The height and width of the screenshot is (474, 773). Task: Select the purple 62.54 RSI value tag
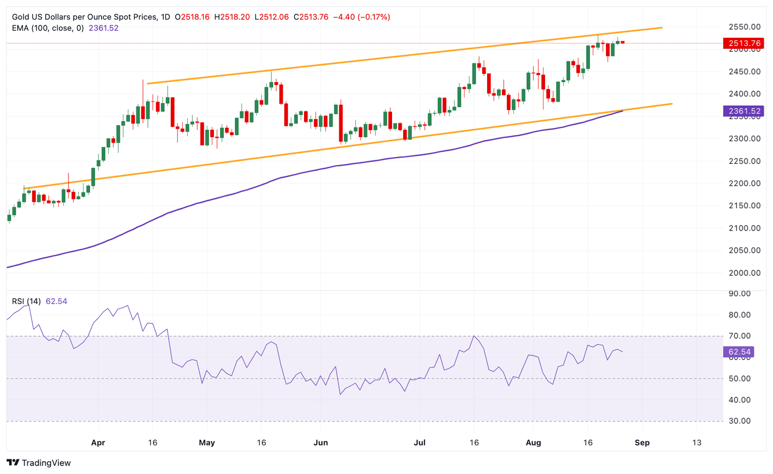click(738, 352)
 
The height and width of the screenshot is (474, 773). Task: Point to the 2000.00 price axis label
click(744, 273)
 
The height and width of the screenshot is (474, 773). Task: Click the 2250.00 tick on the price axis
click(744, 161)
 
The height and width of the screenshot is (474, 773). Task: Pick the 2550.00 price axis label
click(744, 27)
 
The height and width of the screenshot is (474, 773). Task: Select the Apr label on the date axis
click(98, 443)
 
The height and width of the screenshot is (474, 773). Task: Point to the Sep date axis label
click(642, 443)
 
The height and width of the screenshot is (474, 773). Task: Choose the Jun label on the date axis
click(321, 443)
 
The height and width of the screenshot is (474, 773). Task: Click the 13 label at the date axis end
click(697, 443)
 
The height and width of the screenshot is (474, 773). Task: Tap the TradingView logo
click(39, 463)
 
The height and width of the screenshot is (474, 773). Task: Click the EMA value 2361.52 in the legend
click(104, 28)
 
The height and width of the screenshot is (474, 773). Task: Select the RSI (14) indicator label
click(27, 302)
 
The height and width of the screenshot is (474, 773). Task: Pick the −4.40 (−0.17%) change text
click(361, 17)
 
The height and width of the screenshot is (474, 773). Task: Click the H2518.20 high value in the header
click(232, 17)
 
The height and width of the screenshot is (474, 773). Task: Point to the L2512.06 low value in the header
click(272, 17)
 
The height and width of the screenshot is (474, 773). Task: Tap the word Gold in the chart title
click(21, 17)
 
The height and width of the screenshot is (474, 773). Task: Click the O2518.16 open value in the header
click(192, 17)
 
